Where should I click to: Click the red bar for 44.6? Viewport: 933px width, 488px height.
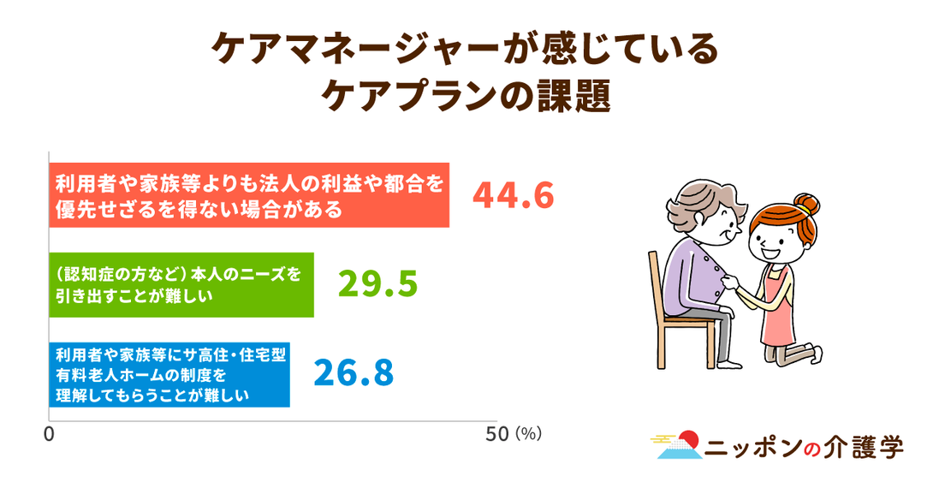249,195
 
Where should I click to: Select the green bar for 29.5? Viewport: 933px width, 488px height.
181,285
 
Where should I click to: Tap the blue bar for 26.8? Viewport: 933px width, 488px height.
169,375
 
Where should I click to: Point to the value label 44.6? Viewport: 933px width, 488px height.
513,196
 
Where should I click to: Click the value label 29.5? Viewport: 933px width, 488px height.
377,284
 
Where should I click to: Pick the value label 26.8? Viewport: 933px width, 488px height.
354,373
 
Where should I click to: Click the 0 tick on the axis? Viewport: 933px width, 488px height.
49,434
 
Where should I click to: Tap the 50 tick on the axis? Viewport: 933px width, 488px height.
496,434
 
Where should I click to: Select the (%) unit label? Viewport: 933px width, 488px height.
528,434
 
